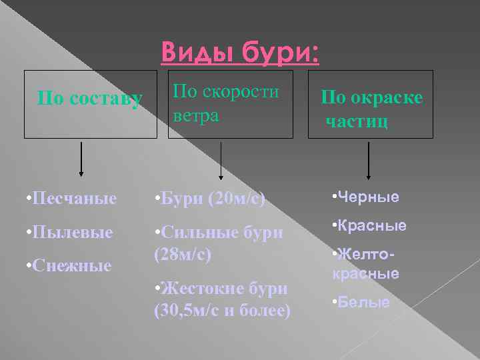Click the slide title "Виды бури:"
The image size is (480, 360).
click(x=240, y=53)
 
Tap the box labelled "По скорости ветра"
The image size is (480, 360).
click(x=230, y=103)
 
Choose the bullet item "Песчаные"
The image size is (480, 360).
click(x=69, y=198)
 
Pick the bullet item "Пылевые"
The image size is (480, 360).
click(x=66, y=233)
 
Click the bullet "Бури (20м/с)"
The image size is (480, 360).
click(x=209, y=198)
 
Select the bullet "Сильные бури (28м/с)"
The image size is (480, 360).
click(x=218, y=243)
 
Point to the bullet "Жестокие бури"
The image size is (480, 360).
click(x=221, y=288)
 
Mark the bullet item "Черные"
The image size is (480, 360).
click(x=365, y=197)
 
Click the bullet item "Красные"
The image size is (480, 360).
click(x=369, y=226)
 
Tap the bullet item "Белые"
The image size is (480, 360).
click(x=361, y=302)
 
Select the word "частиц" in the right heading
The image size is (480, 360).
click(x=357, y=121)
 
